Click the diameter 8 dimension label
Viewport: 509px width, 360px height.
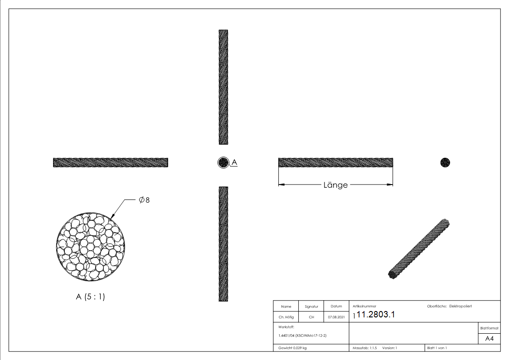(x=145, y=200)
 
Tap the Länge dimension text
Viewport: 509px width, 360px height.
(x=335, y=185)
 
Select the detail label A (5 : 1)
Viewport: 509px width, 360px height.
(x=91, y=297)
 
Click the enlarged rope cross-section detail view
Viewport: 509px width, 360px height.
(x=91, y=245)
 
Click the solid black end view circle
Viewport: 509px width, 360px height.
(x=445, y=162)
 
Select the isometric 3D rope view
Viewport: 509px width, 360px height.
(x=419, y=249)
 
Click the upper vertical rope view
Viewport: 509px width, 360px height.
(x=223, y=87)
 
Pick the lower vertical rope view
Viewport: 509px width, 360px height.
(x=223, y=244)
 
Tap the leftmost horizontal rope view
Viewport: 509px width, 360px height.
(x=110, y=162)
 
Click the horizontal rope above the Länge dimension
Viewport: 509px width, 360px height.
(x=335, y=162)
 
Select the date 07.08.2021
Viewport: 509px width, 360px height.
(x=336, y=317)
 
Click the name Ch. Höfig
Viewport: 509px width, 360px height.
(x=286, y=317)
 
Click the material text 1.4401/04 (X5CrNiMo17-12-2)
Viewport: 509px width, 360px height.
(x=302, y=336)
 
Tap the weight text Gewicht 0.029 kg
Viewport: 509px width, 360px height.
(x=292, y=348)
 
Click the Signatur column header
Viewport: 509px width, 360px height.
(x=311, y=306)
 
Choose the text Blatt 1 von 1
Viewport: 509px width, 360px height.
(x=437, y=348)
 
